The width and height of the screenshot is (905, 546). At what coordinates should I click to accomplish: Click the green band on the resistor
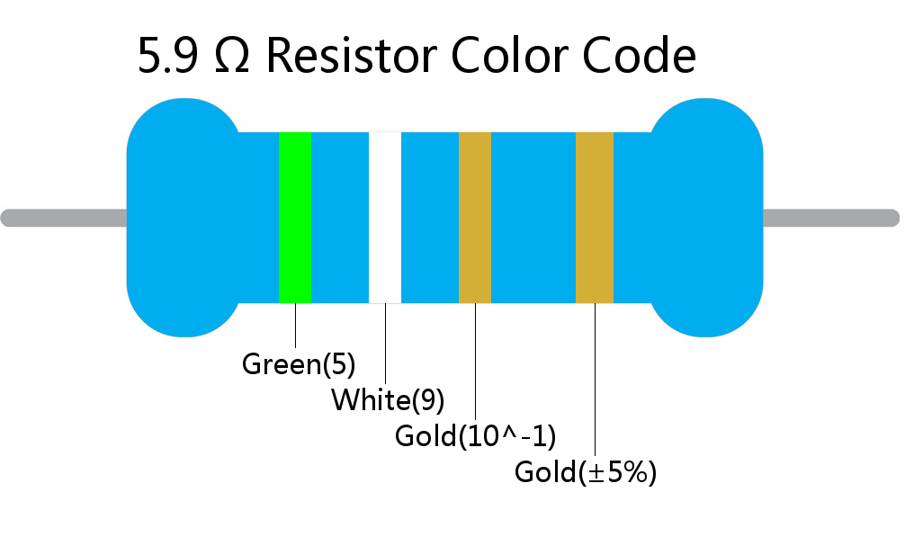[x=294, y=218]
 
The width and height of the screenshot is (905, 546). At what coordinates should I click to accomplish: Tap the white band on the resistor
[x=385, y=218]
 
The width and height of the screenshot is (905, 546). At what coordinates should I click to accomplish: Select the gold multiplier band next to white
[x=475, y=218]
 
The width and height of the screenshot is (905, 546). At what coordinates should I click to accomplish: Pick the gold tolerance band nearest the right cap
[x=594, y=218]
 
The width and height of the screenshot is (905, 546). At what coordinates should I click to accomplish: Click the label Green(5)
[x=299, y=365]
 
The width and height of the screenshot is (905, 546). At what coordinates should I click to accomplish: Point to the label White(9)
[x=388, y=399]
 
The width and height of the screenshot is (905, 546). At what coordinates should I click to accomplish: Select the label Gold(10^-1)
[x=475, y=436]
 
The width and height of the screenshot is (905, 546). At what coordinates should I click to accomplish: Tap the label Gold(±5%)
[x=586, y=472]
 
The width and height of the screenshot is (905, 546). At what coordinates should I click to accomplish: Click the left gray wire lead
[x=63, y=218]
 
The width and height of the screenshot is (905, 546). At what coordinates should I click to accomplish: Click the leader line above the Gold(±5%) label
[x=595, y=378]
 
